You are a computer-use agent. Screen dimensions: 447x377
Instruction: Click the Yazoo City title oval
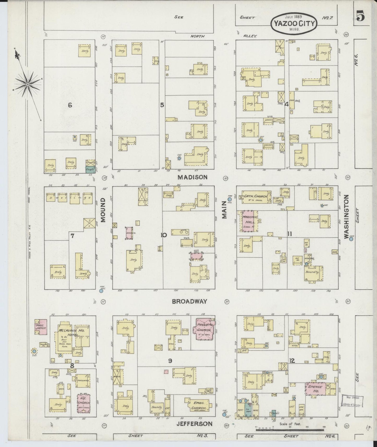coord(295,23)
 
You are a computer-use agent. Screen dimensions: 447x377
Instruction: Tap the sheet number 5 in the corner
coord(361,17)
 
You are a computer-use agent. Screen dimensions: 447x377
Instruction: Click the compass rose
coord(28,84)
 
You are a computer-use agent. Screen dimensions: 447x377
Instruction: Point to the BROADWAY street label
coord(189,301)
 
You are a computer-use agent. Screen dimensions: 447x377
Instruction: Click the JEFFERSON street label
coord(194,424)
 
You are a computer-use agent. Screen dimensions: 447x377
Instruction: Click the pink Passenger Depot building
coord(41,327)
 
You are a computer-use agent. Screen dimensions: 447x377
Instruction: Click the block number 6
coord(70,105)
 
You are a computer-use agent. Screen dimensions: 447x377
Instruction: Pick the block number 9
coord(170,361)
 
